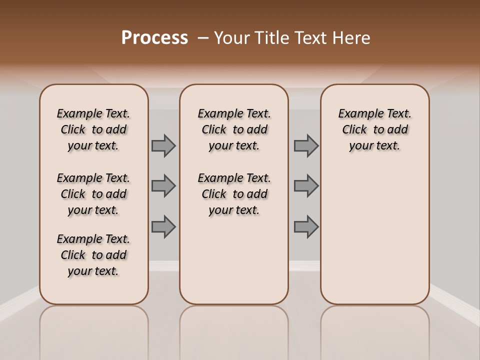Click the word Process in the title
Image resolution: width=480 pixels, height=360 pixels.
point(154,38)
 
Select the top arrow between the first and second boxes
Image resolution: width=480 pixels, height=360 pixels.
point(163,145)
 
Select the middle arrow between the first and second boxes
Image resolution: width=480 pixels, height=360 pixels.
point(163,186)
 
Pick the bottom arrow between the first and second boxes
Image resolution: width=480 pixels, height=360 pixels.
point(163,226)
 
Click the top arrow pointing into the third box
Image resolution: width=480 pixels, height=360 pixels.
point(306,145)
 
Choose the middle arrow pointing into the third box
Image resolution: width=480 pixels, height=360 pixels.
point(306,186)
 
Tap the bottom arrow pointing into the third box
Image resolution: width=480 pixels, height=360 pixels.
point(306,226)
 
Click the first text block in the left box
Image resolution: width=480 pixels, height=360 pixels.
point(93,129)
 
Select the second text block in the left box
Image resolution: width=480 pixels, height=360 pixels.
point(93,194)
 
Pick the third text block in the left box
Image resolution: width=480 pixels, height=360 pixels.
point(93,255)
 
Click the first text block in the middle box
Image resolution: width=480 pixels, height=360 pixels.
point(234,129)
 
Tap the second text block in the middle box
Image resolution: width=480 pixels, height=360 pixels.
point(234,194)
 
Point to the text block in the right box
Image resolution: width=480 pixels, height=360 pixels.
point(375,129)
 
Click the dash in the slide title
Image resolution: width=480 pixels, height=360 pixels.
point(203,38)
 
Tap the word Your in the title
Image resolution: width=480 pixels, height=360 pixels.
point(231,38)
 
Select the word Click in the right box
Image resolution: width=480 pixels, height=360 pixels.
point(354,130)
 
